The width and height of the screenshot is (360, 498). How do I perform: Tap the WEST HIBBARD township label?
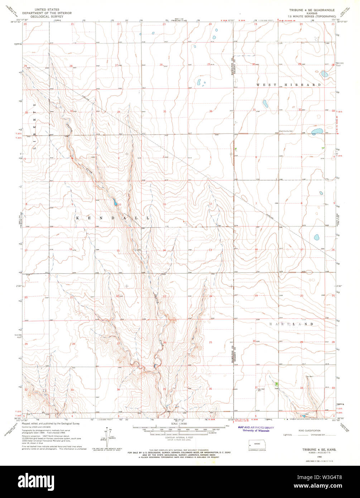click(288, 85)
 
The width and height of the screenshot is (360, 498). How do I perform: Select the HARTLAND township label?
click(291, 324)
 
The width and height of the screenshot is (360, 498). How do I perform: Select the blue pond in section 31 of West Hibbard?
click(265, 104)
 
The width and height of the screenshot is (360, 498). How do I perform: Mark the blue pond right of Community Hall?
click(317, 132)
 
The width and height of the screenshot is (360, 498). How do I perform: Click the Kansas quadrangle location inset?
click(255, 446)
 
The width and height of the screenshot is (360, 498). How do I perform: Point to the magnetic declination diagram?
click(107, 436)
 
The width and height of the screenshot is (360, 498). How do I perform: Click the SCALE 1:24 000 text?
click(179, 424)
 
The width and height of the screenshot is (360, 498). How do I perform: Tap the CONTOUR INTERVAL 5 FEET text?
click(180, 438)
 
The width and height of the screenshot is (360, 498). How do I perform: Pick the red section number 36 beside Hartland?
click(210, 389)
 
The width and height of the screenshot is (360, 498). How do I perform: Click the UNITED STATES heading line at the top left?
click(47, 9)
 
